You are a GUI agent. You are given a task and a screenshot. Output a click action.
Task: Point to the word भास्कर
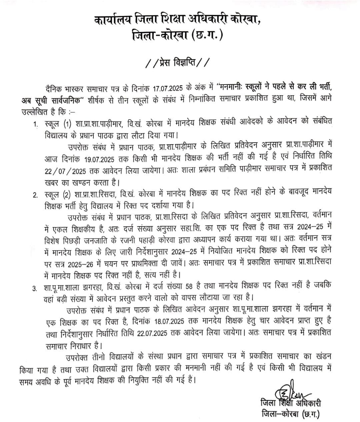click(77, 89)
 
